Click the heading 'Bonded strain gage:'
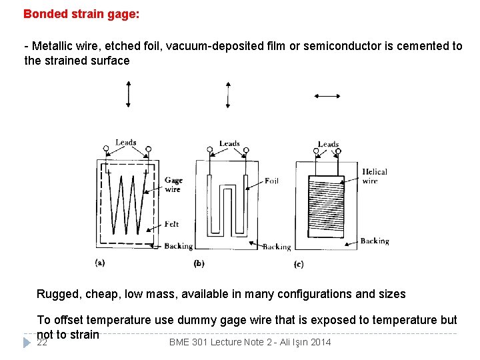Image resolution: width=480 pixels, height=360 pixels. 81,13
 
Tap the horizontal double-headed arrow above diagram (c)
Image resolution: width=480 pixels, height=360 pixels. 327,96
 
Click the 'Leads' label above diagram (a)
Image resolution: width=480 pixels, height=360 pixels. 125,142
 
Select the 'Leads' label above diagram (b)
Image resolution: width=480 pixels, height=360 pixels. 229,143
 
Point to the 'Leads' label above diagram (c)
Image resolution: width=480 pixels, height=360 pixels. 328,144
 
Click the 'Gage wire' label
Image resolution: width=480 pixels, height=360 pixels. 173,185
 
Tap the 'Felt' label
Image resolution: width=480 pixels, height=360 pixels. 171,224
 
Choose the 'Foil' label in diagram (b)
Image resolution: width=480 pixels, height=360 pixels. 271,181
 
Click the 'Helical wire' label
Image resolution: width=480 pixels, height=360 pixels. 374,176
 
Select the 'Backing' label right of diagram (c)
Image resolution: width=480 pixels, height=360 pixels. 374,241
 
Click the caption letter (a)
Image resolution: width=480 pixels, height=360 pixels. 100,263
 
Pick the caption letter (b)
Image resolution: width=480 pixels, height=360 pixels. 199,264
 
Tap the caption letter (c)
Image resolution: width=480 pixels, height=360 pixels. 299,265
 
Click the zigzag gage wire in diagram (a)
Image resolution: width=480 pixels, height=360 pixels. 130,203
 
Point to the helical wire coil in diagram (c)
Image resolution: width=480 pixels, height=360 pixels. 326,203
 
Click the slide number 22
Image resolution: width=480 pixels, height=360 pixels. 42,343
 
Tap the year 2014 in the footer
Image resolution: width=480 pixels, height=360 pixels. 319,343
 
